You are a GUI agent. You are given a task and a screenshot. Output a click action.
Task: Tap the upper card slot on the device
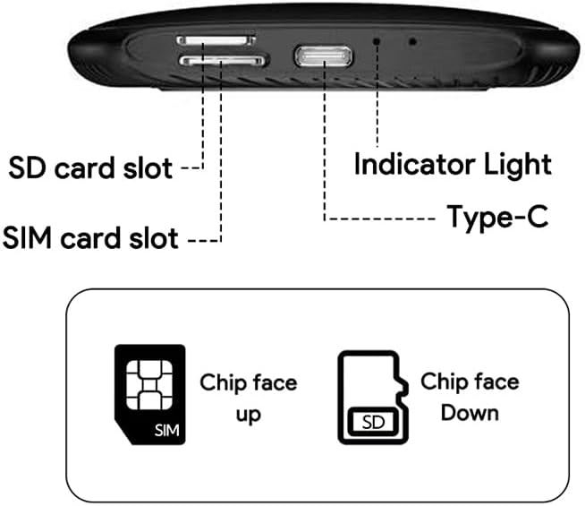click(216, 40)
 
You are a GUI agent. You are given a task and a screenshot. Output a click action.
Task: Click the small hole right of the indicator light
click(411, 40)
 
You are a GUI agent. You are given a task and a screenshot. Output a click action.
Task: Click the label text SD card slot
click(90, 168)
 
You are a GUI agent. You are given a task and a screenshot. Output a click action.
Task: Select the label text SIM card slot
click(90, 239)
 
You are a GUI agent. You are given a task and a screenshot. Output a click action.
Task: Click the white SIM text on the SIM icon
click(166, 430)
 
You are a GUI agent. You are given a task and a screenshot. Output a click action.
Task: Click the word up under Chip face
click(249, 416)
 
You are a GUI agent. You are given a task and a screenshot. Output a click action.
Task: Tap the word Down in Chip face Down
click(470, 414)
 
